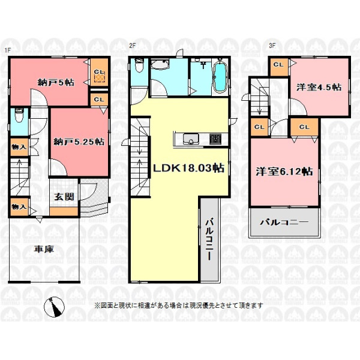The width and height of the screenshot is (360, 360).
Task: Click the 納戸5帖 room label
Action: (56, 82)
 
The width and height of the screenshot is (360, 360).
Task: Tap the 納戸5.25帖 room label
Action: (79, 142)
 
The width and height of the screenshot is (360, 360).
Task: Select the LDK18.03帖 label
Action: (188, 168)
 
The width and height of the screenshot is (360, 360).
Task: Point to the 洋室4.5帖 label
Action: (319, 87)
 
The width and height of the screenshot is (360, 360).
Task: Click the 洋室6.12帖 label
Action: (284, 172)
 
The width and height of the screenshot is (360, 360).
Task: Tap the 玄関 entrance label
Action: (64, 197)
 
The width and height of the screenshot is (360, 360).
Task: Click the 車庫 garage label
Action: (44, 249)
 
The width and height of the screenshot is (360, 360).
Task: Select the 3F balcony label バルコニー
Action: (284, 222)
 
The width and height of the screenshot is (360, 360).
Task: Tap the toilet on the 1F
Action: (18, 116)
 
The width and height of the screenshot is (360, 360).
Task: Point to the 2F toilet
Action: (139, 65)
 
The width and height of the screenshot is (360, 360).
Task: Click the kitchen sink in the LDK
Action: (191, 139)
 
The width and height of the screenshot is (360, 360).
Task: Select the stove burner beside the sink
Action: (215, 139)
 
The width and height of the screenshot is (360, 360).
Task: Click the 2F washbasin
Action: (160, 65)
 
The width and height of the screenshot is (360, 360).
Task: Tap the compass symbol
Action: (55, 307)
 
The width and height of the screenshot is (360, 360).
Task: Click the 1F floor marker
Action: (8, 50)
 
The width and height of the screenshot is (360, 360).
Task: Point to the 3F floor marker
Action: (272, 46)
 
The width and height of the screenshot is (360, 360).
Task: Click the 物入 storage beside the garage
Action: (19, 207)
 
